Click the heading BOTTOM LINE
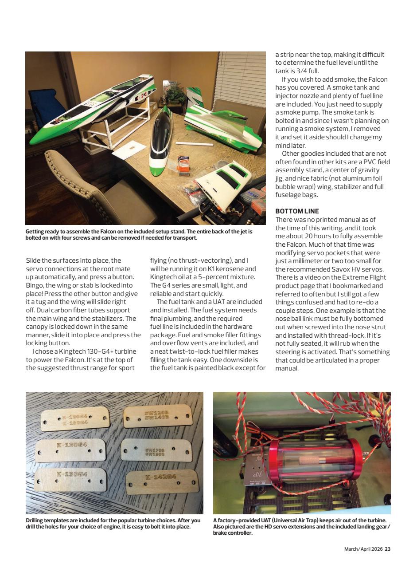pyautogui.click(x=297, y=211)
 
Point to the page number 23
pyautogui.click(x=388, y=549)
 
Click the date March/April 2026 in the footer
pyautogui.click(x=363, y=549)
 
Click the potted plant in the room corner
pyautogui.click(x=176, y=94)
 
